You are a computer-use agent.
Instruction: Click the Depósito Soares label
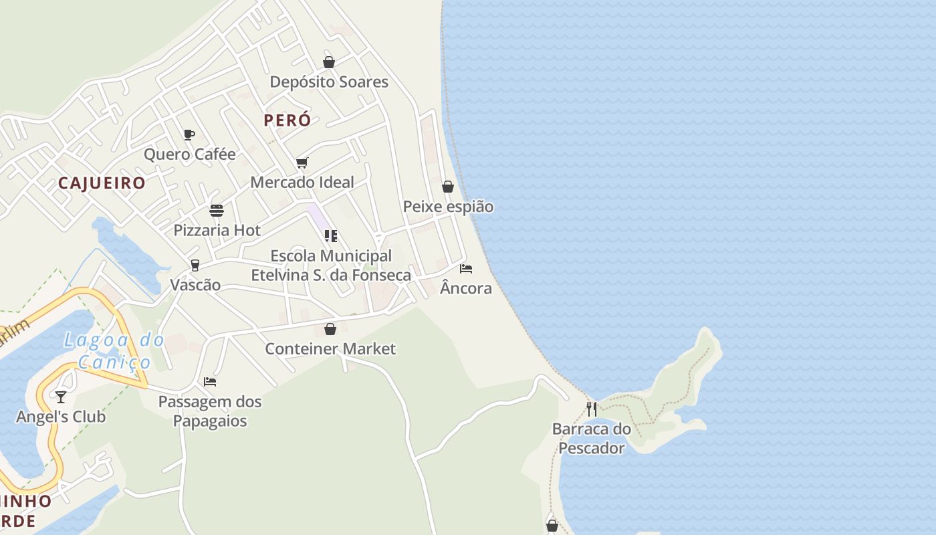pos(329,82)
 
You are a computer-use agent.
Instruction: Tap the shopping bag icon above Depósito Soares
pos(329,62)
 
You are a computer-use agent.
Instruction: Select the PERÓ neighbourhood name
pos(287,120)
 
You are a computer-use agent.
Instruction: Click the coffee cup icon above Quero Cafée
pos(189,134)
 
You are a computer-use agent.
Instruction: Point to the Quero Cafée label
pos(190,154)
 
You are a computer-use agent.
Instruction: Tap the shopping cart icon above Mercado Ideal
pos(302,163)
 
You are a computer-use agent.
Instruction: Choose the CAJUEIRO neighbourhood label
pos(102,183)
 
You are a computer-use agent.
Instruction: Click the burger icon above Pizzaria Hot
pos(217,211)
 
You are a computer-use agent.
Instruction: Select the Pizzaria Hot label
pos(217,231)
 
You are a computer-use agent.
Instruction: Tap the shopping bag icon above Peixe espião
pos(448,187)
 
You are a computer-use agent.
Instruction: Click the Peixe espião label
pos(448,207)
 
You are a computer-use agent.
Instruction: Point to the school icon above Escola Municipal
pos(331,236)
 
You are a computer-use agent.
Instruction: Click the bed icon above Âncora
pos(466,269)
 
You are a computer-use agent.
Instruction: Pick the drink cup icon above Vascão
pos(195,265)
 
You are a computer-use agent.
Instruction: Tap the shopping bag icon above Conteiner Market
pos(330,329)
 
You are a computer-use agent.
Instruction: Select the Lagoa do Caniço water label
pos(115,351)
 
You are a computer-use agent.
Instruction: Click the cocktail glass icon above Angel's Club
pos(61,397)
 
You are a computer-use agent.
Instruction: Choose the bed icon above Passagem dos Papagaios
pos(210,382)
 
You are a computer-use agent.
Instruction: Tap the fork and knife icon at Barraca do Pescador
pos(592,409)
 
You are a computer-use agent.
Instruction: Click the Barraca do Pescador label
pos(592,438)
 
